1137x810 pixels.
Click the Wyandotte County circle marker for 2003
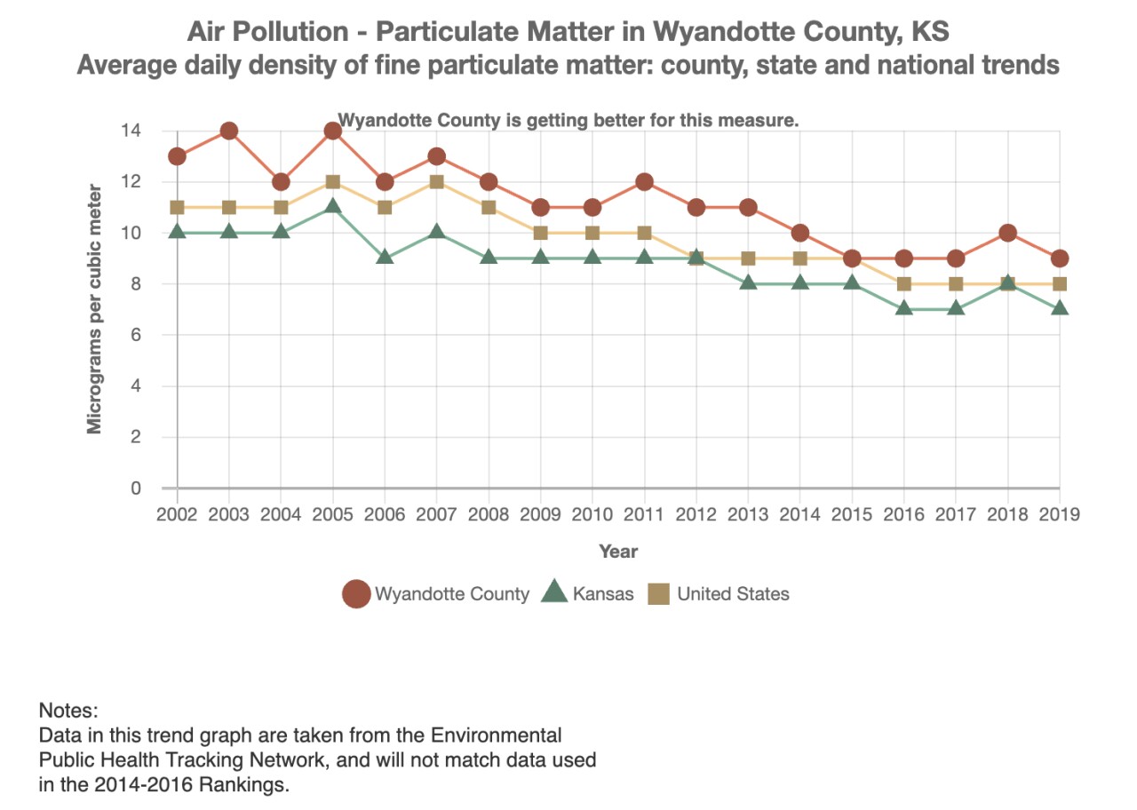(x=229, y=131)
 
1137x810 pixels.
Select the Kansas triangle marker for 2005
(x=333, y=206)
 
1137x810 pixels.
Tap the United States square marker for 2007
(x=437, y=182)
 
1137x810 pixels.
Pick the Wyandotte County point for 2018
(x=1008, y=234)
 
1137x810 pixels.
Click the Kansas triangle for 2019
(x=1060, y=308)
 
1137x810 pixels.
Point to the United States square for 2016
(x=904, y=284)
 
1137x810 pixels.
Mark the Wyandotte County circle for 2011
(x=645, y=182)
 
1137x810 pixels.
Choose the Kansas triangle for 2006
(x=385, y=258)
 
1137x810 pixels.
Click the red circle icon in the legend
(x=356, y=594)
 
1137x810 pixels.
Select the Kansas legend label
(x=603, y=594)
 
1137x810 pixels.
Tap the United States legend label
(x=733, y=594)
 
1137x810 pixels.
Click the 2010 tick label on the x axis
(x=592, y=515)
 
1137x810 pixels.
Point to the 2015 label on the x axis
(x=852, y=515)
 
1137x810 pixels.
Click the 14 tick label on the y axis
(x=131, y=131)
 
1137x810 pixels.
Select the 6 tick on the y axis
(x=136, y=336)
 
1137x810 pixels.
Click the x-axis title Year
(x=618, y=552)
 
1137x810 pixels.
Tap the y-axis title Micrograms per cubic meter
(x=94, y=309)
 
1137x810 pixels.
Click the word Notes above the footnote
(x=68, y=711)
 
